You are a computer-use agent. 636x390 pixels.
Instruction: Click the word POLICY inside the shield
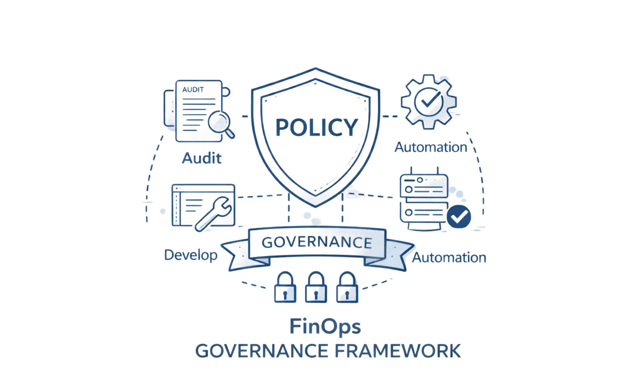[x=316, y=127]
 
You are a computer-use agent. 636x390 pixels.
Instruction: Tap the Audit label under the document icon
[x=202, y=158]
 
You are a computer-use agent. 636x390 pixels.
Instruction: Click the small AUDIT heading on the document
[x=193, y=90]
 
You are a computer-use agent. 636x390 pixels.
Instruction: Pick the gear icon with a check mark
[x=428, y=101]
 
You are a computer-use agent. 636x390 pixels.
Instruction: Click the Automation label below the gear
[x=431, y=147]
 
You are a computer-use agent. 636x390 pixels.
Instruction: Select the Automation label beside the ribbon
[x=449, y=258]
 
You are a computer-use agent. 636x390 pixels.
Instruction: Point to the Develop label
[x=191, y=255]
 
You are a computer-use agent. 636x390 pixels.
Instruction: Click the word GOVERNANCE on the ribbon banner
[x=317, y=242]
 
